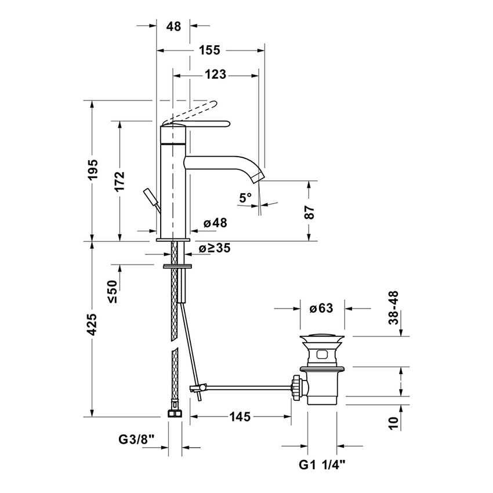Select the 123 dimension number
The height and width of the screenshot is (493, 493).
click(x=216, y=75)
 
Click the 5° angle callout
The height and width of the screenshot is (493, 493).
click(x=245, y=198)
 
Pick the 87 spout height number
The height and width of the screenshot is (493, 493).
click(x=310, y=212)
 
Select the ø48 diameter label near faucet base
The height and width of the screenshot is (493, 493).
click(x=215, y=223)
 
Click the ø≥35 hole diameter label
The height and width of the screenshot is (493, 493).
click(x=215, y=248)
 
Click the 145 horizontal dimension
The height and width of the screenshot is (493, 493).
click(x=240, y=416)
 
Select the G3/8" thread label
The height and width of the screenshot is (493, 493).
click(x=137, y=440)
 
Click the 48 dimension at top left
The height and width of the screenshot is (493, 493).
click(x=173, y=26)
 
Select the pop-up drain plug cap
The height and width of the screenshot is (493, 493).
click(x=322, y=338)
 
